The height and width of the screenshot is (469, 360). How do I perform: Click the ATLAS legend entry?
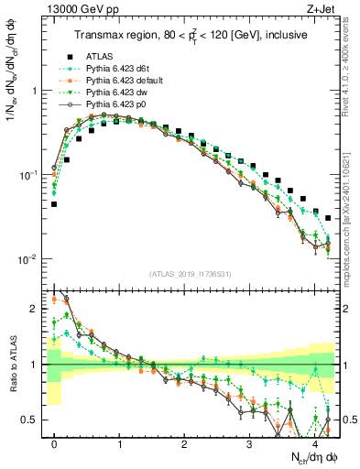[x=99, y=55]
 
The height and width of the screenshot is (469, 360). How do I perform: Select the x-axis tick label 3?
[x=250, y=443]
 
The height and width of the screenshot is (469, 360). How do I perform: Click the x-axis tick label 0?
[x=54, y=443]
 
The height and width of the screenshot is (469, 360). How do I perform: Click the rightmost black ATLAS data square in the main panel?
[x=328, y=218]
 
